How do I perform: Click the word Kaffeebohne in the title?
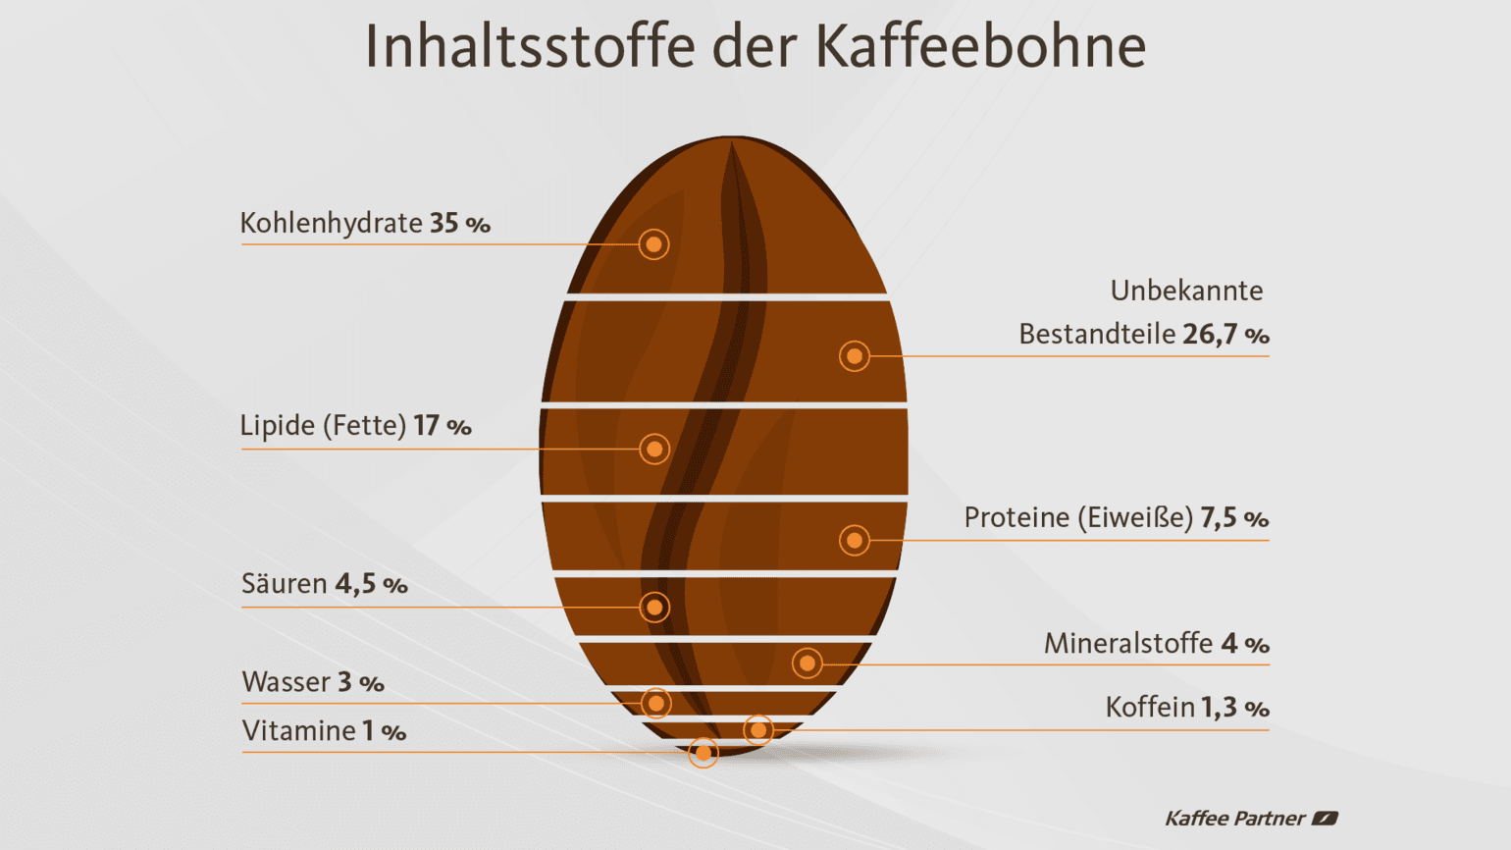pyautogui.click(x=980, y=46)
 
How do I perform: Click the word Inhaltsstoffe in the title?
pyautogui.click(x=530, y=46)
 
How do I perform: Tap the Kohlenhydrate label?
pyautogui.click(x=331, y=224)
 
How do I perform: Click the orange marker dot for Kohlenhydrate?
pyautogui.click(x=653, y=244)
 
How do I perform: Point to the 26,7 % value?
pyautogui.click(x=1225, y=335)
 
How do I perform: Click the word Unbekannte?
pyautogui.click(x=1186, y=291)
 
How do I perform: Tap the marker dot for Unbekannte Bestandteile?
pyautogui.click(x=855, y=356)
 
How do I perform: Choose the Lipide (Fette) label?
pyautogui.click(x=323, y=426)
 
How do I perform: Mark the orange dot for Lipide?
pyautogui.click(x=654, y=450)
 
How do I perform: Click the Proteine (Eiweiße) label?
pyautogui.click(x=1078, y=518)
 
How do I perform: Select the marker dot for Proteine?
pyautogui.click(x=855, y=540)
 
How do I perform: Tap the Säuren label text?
pyautogui.click(x=285, y=584)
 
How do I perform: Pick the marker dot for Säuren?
pyautogui.click(x=654, y=608)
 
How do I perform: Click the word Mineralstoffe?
pyautogui.click(x=1128, y=644)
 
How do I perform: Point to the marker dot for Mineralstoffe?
pyautogui.click(x=808, y=664)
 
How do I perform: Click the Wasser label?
pyautogui.click(x=286, y=682)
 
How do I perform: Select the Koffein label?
pyautogui.click(x=1150, y=708)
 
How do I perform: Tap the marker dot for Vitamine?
pyautogui.click(x=703, y=753)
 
